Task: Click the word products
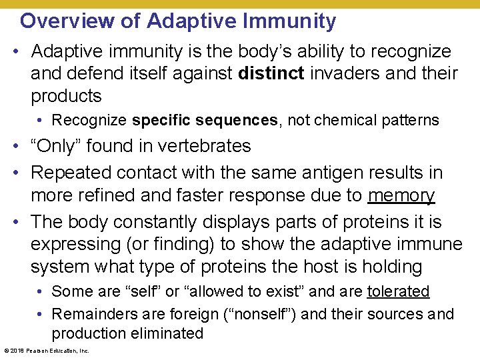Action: coord(66,96)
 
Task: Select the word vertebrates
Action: coord(200,146)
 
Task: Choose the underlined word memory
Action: coord(401,195)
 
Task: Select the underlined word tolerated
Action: coord(398,292)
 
